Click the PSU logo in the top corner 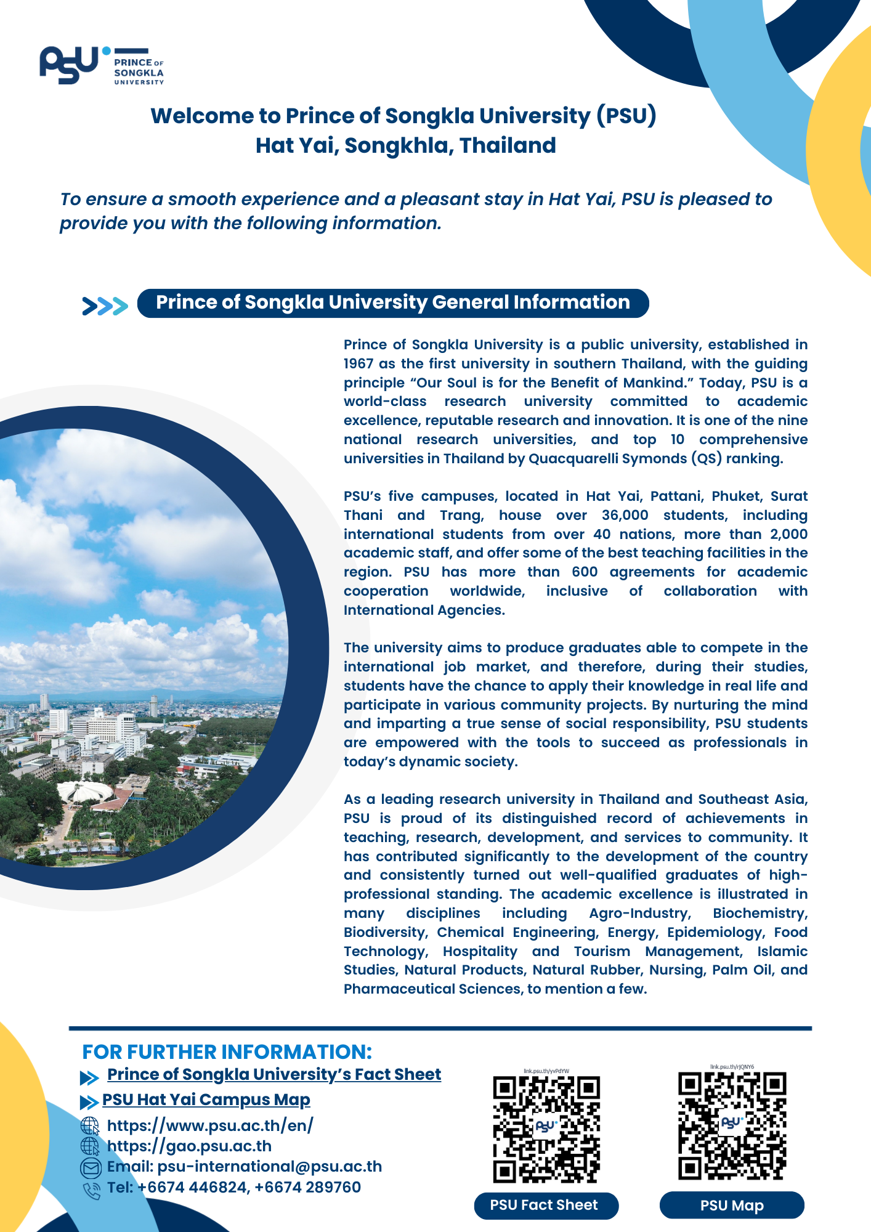click(x=102, y=65)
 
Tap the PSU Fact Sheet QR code click(x=546, y=1129)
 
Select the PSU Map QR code click(x=732, y=1125)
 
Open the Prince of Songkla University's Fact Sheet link click(x=274, y=1074)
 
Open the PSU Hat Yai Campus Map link click(x=206, y=1100)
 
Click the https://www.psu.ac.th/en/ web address click(x=210, y=1125)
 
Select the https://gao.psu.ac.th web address click(x=189, y=1146)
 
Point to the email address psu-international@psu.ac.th click(x=269, y=1167)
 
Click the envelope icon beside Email click(x=91, y=1167)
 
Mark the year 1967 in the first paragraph click(x=359, y=363)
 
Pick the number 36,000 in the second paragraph click(x=625, y=515)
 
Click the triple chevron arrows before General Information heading click(x=105, y=306)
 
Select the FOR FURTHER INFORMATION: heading click(x=227, y=1052)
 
